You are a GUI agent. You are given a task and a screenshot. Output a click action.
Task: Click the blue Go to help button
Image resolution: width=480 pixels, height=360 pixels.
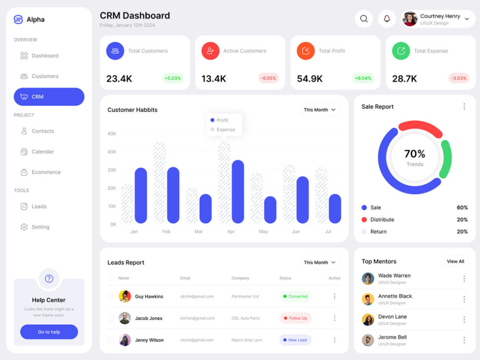[x=49, y=332]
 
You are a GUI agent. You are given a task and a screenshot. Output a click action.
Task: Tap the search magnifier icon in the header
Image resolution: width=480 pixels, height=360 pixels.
[x=364, y=19]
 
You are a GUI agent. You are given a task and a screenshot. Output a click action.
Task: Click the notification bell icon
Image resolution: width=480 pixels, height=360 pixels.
[x=387, y=19]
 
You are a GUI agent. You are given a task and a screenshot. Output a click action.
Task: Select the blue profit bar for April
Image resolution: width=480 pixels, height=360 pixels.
[x=238, y=192]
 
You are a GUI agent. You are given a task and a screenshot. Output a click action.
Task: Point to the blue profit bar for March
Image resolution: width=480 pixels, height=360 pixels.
[x=205, y=208]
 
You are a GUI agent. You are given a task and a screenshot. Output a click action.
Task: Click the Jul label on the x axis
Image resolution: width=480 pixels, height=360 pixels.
[x=328, y=231]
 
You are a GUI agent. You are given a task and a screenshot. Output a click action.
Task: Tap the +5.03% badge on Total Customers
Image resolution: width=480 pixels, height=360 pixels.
[x=173, y=78]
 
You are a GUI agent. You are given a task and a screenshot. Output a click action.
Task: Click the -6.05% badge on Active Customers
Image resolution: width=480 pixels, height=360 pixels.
[x=268, y=78]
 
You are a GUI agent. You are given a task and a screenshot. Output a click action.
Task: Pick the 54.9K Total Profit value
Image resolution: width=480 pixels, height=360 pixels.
[x=310, y=79]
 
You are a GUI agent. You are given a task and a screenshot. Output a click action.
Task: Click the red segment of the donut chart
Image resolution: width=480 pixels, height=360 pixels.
[x=420, y=127]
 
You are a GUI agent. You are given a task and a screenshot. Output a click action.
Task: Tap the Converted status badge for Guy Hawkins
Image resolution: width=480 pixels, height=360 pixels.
[x=295, y=296]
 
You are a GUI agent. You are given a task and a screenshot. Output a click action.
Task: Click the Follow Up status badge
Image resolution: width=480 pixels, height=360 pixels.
[x=295, y=318]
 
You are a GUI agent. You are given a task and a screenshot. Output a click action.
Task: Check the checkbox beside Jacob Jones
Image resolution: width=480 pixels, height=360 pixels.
[x=111, y=318]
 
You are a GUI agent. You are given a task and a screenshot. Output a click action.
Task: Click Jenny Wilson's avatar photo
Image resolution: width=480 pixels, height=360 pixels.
[x=125, y=340]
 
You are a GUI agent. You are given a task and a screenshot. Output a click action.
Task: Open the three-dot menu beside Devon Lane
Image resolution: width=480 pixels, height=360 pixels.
[x=464, y=320]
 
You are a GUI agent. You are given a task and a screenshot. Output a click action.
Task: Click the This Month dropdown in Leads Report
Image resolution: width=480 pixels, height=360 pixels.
[x=320, y=263]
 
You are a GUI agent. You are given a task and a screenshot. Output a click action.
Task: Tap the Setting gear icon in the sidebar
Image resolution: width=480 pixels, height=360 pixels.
[x=24, y=227]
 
